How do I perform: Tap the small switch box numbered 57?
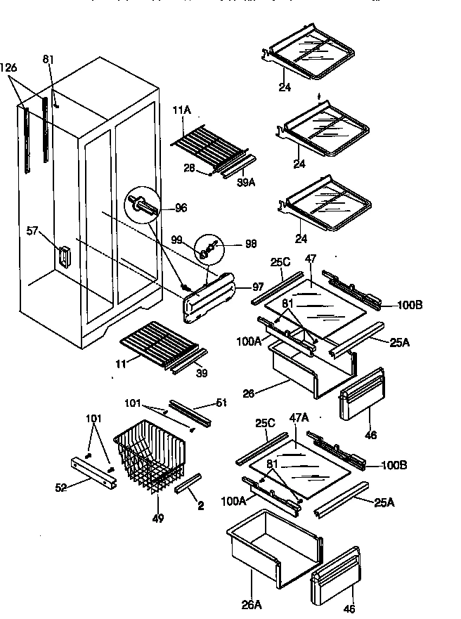point(63,256)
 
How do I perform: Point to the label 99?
point(177,240)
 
